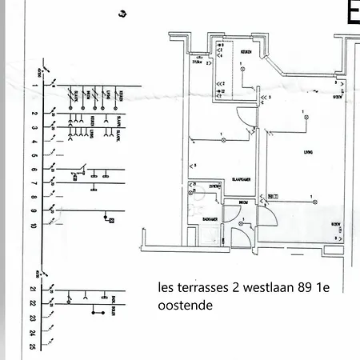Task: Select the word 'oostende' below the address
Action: [183, 306]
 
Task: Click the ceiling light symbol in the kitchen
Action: [243, 70]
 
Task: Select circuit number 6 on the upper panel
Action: [35, 170]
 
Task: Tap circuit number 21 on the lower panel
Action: [35, 290]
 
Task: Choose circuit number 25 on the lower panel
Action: [35, 346]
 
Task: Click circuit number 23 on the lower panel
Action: [35, 318]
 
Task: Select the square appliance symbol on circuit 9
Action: [111, 218]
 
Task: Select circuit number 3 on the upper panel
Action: [35, 128]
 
